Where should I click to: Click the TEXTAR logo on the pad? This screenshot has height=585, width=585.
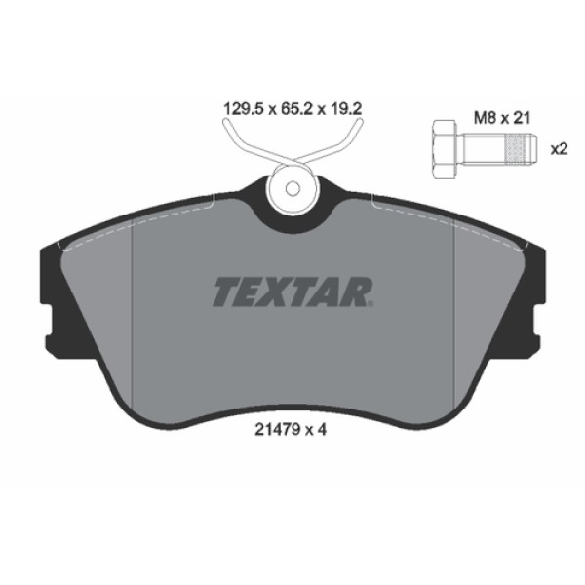click(x=292, y=291)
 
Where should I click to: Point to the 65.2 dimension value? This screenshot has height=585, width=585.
click(x=292, y=110)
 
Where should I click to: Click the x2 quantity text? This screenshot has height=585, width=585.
click(x=560, y=149)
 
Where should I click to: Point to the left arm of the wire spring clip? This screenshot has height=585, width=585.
click(x=244, y=146)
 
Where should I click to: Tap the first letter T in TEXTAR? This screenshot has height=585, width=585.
click(x=223, y=291)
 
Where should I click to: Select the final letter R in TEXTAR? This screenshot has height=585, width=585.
click(x=359, y=291)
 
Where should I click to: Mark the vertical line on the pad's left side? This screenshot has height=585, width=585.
click(x=133, y=292)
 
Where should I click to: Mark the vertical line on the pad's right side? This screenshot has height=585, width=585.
click(x=454, y=292)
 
